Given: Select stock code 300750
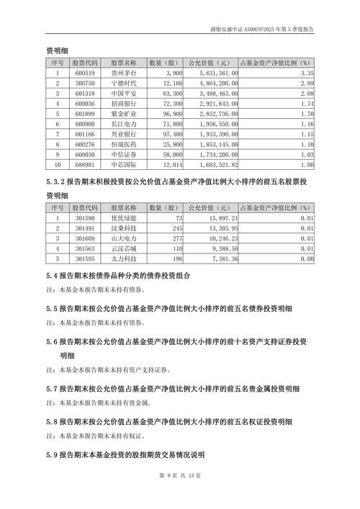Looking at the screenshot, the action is pyautogui.click(x=84, y=84).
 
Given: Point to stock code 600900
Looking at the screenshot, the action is pyautogui.click(x=84, y=125).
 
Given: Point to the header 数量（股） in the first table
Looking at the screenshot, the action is pyautogui.click(x=163, y=63).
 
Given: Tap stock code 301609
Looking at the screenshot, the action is pyautogui.click(x=84, y=237).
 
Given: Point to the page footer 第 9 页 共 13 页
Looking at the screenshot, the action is pyautogui.click(x=179, y=496).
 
